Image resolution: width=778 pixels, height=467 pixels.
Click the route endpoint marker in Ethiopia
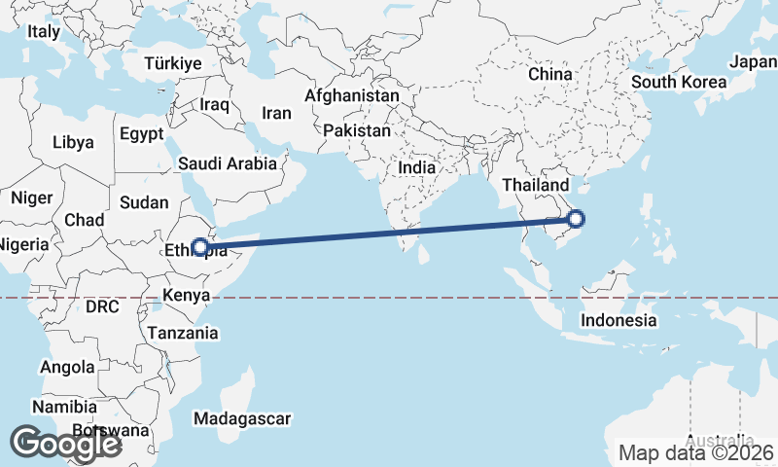pos(200,247)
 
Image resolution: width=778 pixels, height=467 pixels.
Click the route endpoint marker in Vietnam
pos(575,219)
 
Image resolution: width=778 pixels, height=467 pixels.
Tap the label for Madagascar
pos(242,418)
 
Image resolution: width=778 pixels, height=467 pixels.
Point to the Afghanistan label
pos(352,96)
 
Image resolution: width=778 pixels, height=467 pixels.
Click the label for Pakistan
pos(357,130)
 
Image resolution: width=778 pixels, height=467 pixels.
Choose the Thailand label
pos(535,185)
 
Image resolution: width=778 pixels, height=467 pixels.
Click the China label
pos(550,74)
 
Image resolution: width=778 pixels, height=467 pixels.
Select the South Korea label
pos(679,81)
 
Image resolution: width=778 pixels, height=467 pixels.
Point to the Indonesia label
pos(619,320)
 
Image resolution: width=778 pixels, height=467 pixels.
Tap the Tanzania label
pos(183,333)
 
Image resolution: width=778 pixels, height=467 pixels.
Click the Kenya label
pos(187,296)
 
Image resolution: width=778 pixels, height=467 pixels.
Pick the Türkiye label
pos(172,63)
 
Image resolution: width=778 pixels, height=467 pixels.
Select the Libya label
pos(73,142)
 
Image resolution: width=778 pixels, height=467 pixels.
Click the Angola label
pos(67,368)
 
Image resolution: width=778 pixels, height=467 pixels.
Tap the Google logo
pos(65,444)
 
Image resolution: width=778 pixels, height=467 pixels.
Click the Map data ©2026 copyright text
pos(696,452)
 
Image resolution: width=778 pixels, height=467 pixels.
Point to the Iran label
pos(276,113)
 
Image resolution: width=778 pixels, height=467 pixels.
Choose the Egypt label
pos(143,134)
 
